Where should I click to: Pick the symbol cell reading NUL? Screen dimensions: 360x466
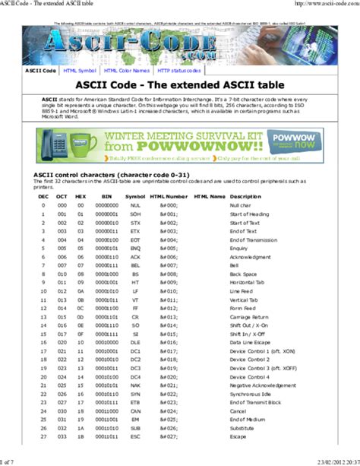tap(136, 205)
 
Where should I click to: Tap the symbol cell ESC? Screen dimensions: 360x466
tap(136, 436)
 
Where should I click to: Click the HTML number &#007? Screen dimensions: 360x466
tap(168, 246)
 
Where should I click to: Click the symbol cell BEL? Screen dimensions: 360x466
tap(136, 246)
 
